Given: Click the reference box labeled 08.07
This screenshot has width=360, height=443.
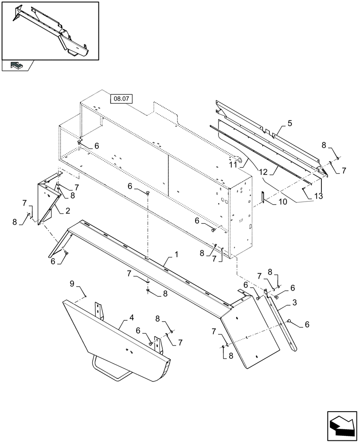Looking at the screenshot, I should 121,99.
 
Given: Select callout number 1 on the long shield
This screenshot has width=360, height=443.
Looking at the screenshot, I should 176,255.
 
